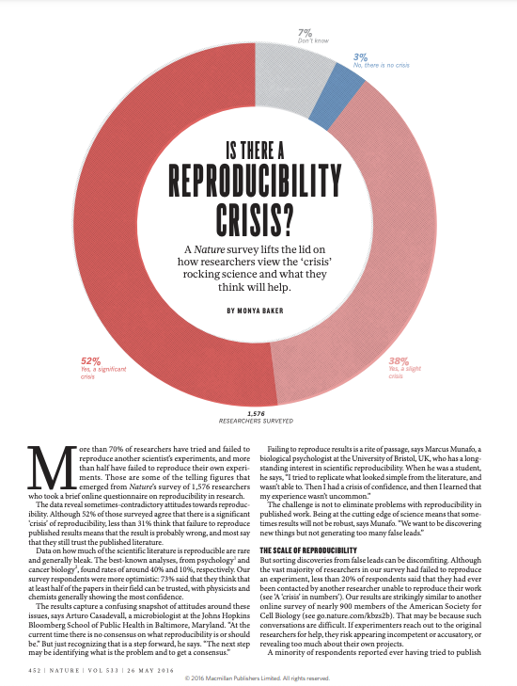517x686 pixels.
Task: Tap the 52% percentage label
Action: pyautogui.click(x=90, y=361)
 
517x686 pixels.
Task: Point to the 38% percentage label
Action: pyautogui.click(x=399, y=361)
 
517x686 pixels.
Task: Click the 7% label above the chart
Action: pyautogui.click(x=305, y=33)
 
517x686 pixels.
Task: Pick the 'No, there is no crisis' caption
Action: pyautogui.click(x=381, y=65)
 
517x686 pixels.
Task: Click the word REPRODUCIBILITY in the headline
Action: pyautogui.click(x=255, y=181)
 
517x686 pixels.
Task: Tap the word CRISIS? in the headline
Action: pyautogui.click(x=255, y=218)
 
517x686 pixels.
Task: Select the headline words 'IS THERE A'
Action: pyautogui.click(x=255, y=151)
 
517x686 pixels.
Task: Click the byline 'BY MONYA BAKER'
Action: pyautogui.click(x=256, y=311)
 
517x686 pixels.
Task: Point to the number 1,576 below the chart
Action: pyautogui.click(x=256, y=413)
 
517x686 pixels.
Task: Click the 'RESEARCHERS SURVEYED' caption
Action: pyautogui.click(x=256, y=421)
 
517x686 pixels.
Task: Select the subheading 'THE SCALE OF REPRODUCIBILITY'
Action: pyautogui.click(x=308, y=550)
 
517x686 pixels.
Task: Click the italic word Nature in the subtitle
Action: pyautogui.click(x=210, y=249)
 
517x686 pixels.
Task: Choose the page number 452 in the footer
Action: pyautogui.click(x=35, y=670)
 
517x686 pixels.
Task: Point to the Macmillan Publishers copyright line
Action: pyautogui.click(x=257, y=678)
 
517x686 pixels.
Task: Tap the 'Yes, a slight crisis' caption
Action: pyautogui.click(x=405, y=373)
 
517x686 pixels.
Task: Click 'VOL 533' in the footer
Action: pyautogui.click(x=103, y=670)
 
